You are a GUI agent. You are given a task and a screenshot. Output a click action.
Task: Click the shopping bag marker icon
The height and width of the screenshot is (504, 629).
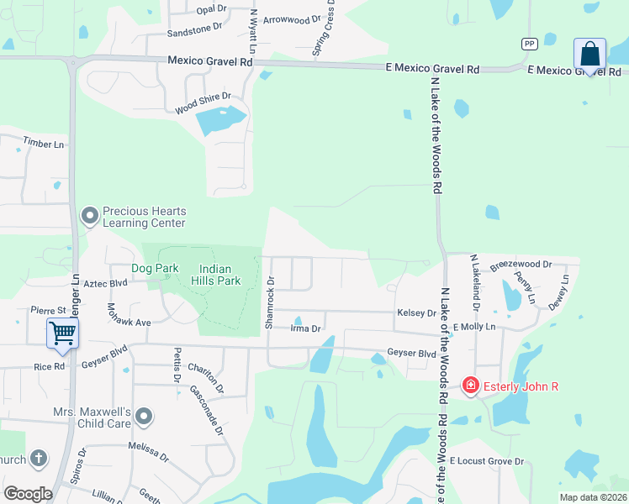tap(590, 55)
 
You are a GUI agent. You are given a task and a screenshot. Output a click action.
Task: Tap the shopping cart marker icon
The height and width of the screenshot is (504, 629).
tap(62, 333)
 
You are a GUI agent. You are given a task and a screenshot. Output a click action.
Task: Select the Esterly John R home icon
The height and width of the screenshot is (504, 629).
tap(471, 386)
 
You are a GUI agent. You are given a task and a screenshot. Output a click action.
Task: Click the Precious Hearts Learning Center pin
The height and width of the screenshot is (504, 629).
tap(90, 217)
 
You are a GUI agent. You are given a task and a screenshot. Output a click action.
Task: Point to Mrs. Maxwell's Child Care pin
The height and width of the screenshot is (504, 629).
tap(145, 417)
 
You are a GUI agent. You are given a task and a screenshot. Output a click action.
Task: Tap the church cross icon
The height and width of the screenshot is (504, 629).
tap(37, 459)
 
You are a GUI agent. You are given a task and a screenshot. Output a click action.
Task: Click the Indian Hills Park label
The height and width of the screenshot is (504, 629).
tap(216, 275)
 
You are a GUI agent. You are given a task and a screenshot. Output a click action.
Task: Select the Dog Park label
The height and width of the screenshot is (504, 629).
tap(156, 268)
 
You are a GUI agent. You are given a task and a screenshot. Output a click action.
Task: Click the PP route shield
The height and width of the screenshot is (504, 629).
tap(529, 44)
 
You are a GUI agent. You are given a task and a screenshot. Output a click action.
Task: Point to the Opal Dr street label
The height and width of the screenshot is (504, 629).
tap(211, 8)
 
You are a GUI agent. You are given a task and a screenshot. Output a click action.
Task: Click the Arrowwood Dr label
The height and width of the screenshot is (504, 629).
tap(292, 19)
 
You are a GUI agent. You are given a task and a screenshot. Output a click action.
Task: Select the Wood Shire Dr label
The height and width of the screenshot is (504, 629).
tap(202, 103)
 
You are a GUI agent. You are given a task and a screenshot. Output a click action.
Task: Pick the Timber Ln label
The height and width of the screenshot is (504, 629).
tap(44, 144)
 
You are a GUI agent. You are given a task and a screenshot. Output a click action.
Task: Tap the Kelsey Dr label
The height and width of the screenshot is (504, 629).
tap(416, 313)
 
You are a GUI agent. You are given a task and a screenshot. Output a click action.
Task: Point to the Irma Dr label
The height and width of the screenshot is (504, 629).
tap(306, 328)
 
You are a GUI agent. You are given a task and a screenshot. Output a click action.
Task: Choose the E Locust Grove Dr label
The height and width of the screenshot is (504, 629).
tap(487, 461)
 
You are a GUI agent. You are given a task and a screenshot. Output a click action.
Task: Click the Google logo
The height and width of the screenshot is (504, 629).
tap(28, 493)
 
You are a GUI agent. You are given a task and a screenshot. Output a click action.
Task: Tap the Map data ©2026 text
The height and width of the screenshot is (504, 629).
tap(592, 497)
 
